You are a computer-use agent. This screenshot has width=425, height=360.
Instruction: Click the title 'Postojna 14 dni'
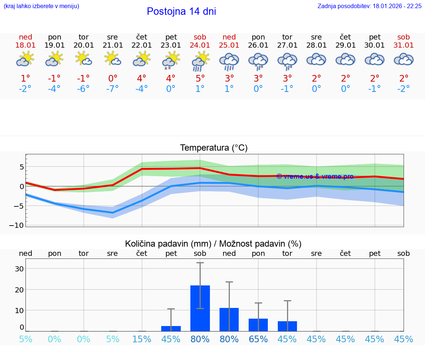(x=181, y=11)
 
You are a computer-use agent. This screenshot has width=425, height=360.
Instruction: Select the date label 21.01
(x=113, y=45)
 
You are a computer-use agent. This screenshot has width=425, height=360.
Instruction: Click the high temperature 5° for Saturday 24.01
(x=200, y=79)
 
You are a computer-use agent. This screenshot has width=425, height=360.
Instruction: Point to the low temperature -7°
(x=113, y=89)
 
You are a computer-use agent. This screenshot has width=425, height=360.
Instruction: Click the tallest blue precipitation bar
(x=200, y=308)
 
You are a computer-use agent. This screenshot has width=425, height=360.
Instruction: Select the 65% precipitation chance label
(x=258, y=339)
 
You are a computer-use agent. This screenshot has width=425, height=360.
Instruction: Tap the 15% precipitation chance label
(x=142, y=339)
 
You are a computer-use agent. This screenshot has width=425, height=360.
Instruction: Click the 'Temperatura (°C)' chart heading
(x=214, y=148)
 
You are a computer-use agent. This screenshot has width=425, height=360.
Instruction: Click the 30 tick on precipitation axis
(x=19, y=269)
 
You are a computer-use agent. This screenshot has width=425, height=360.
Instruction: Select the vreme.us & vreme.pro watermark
(x=315, y=176)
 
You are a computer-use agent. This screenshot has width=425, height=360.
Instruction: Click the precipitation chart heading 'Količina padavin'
(x=213, y=244)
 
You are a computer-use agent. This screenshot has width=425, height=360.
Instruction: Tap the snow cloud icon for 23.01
(x=171, y=61)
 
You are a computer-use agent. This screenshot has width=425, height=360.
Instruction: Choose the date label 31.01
(x=404, y=45)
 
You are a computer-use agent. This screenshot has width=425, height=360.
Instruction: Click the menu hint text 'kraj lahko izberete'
(x=41, y=6)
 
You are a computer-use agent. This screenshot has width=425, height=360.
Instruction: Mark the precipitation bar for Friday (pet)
(x=171, y=329)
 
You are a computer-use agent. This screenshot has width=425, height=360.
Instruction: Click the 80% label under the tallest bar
(x=200, y=339)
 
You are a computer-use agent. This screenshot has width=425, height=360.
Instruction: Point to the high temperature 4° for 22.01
(x=142, y=79)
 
